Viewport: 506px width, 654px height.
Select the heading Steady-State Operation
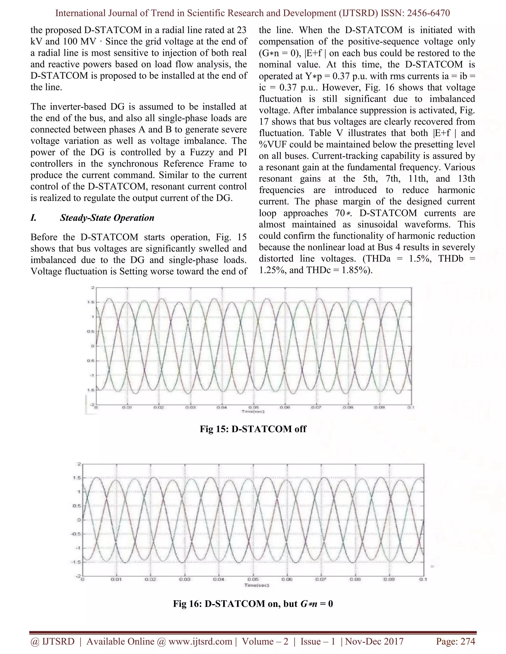tap(107, 218)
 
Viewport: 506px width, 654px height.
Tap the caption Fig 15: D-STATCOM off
tap(253, 429)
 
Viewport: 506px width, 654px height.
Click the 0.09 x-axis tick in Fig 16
tap(389, 579)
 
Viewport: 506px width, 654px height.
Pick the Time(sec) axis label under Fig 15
tap(253, 411)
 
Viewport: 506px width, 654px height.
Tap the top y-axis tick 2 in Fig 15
tap(93, 288)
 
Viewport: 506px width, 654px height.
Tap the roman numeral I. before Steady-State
tap(34, 218)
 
